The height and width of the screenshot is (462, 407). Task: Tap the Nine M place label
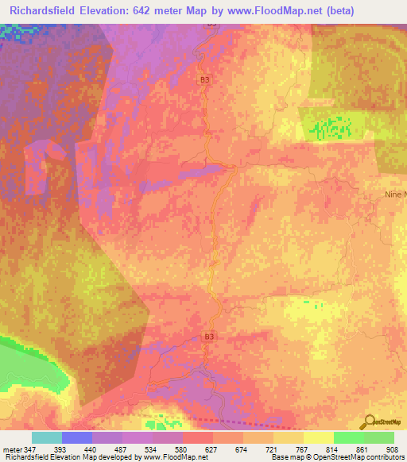click(393, 194)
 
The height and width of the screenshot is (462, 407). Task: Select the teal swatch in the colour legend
click(47, 437)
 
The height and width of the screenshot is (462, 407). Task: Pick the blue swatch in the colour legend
click(77, 437)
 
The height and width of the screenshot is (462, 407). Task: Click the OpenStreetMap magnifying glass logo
click(370, 422)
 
